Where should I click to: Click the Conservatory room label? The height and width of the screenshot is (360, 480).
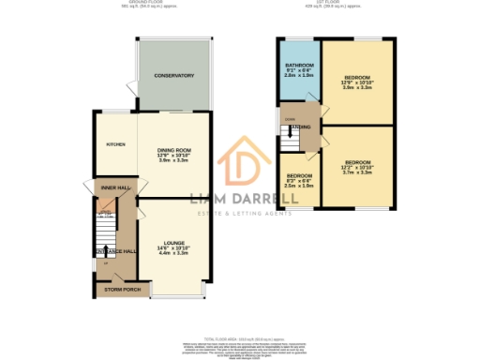tap(173, 75)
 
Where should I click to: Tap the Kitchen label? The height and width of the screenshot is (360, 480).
tap(115, 144)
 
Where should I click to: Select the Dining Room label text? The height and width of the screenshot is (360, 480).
tap(172, 149)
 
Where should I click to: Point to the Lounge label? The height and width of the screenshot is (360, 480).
tap(172, 241)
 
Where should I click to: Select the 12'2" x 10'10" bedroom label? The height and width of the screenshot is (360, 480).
tap(358, 161)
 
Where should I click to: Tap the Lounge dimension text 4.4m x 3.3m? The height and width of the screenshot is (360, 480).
tap(172, 253)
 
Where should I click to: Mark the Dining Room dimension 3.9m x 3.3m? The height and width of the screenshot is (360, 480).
tap(172, 161)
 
